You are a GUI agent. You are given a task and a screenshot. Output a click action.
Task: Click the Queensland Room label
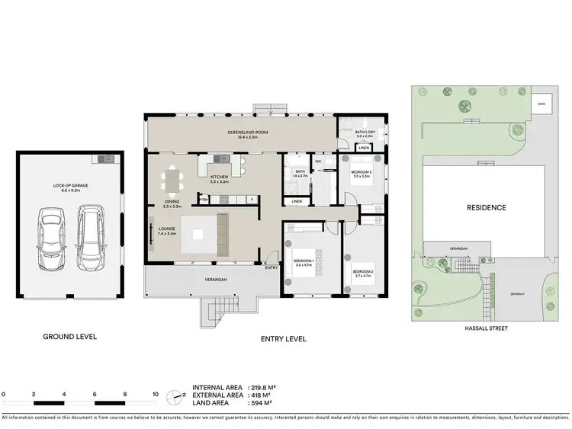point(239,135)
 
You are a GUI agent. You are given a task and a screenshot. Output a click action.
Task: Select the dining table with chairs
point(172,181)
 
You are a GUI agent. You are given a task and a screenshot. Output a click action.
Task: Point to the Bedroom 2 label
point(362,273)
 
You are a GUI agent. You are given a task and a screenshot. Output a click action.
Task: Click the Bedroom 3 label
point(361,174)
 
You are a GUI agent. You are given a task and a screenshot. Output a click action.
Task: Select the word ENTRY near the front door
point(272,267)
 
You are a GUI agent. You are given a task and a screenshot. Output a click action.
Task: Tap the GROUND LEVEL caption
point(69,336)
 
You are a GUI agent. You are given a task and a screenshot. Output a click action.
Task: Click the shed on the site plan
point(542,104)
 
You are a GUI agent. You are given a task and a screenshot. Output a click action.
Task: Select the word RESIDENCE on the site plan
point(486,207)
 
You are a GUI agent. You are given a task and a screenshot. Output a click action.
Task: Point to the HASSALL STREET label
point(486,328)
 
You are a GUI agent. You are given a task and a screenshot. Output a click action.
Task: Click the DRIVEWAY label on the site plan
point(519,293)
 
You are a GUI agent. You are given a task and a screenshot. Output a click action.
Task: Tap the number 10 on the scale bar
point(156,394)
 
